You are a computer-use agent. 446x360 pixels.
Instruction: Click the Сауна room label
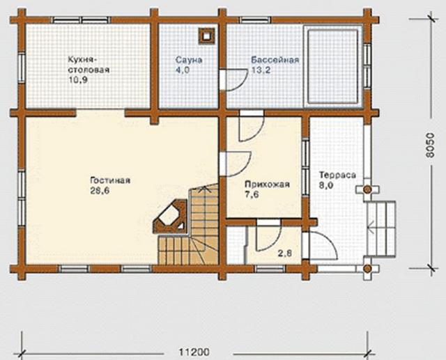click(189, 61)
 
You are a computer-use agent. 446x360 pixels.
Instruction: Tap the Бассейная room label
click(275, 61)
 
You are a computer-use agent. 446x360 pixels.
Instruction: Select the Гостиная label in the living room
click(110, 180)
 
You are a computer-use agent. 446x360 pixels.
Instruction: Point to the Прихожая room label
click(267, 185)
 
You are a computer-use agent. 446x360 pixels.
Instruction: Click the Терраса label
click(337, 175)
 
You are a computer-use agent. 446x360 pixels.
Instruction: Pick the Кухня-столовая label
click(89, 65)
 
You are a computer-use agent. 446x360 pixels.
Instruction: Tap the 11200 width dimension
click(194, 352)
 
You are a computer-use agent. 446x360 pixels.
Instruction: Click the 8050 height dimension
click(431, 145)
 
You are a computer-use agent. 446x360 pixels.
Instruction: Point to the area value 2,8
click(285, 253)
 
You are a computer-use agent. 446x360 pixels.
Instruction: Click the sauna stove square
click(206, 36)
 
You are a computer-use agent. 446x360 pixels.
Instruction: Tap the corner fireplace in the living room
click(170, 217)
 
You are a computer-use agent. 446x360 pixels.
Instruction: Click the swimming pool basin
click(332, 67)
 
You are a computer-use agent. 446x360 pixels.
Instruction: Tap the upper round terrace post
click(367, 189)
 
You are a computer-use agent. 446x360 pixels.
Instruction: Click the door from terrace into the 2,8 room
click(320, 246)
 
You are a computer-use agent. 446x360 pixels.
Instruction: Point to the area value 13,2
click(261, 70)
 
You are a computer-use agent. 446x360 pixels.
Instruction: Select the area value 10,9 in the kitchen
click(77, 80)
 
